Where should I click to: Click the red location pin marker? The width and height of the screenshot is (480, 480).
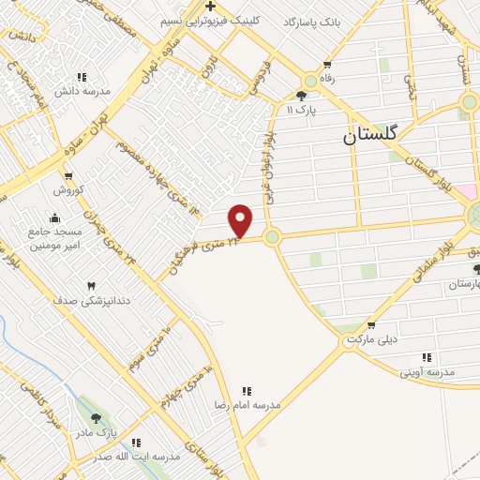coord(241,221)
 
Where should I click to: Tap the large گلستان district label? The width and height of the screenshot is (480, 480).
coord(371,136)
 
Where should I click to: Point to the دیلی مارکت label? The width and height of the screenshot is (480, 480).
coord(372,338)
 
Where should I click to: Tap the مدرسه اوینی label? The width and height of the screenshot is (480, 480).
coord(427,372)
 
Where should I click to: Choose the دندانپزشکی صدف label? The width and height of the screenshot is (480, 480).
coord(92,301)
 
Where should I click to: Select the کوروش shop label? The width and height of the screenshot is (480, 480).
coord(67,190)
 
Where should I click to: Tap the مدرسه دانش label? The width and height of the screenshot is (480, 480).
coord(82,91)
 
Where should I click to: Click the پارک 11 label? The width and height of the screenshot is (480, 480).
coord(302,110)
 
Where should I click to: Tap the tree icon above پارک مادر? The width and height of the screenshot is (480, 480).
coord(96,418)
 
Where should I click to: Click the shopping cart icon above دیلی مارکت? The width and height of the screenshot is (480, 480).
coord(371,324)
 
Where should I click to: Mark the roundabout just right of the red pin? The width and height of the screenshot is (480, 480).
coord(272,236)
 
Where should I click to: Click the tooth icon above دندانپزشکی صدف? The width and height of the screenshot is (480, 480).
coord(92,286)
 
